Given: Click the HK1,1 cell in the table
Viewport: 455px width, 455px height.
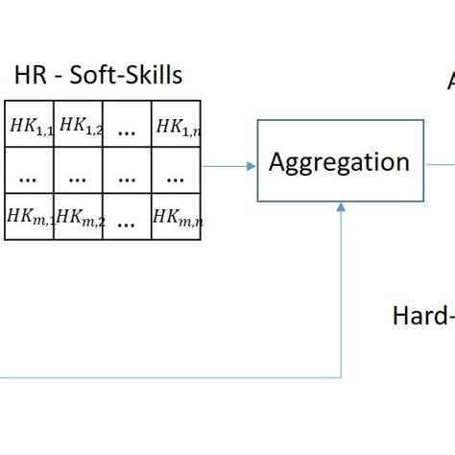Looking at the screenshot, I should coord(30,124).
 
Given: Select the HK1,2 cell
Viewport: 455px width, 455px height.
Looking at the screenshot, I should coord(79,124).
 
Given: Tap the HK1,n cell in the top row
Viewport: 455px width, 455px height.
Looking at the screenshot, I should coord(178,124).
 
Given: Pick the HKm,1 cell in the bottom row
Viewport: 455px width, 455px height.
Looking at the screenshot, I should coord(30,217).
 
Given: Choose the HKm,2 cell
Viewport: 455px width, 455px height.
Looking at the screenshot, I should coord(79,217).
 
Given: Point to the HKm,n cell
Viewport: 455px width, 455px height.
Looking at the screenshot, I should coord(178,217).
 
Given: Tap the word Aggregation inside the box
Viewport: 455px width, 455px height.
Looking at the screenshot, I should coord(339,161).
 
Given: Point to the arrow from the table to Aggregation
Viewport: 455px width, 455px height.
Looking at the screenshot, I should coord(230,166).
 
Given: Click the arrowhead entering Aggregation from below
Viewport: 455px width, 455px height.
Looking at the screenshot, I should coord(342,208).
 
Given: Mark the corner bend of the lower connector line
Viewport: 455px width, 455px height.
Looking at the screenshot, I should coord(342,376).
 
